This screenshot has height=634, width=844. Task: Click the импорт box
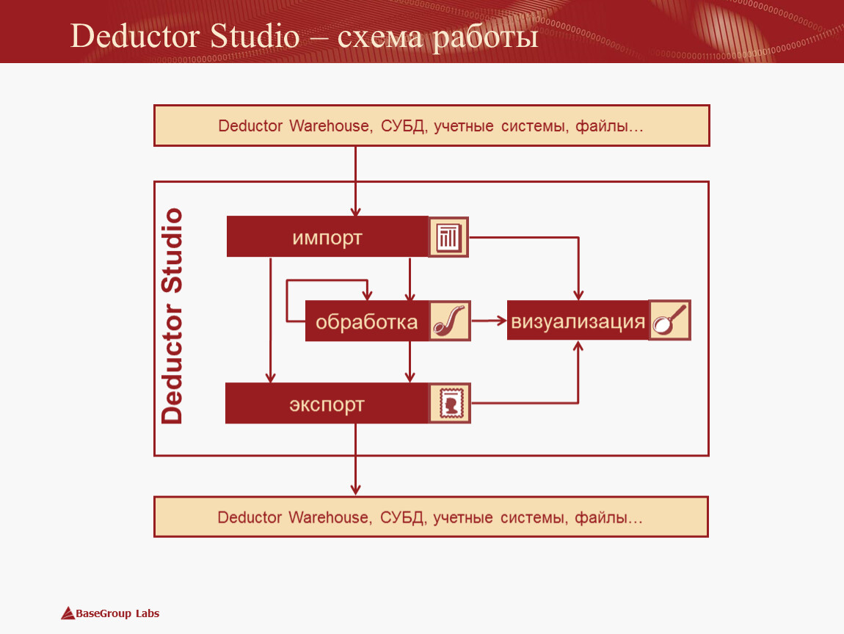pos(327,237)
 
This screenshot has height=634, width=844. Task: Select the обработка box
pos(367,321)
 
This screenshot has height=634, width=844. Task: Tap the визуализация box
pos(578,321)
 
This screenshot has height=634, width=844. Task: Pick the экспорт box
pos(327,404)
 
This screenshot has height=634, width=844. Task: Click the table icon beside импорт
pos(448,237)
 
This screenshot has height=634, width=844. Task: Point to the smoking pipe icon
pos(450,321)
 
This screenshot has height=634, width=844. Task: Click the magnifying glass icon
pos(669,320)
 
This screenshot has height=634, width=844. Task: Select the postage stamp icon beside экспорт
pos(450,404)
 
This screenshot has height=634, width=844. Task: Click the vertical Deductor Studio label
pos(172,316)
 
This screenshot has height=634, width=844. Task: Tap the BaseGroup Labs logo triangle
pos(68,613)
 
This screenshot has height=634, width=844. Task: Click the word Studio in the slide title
pos(255,36)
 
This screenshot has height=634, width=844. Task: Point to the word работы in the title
pos(486,37)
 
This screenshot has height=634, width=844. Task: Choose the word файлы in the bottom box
pos(608,518)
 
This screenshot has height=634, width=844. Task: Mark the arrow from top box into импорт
pos(355,181)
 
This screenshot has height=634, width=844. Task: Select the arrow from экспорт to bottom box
pos(355,459)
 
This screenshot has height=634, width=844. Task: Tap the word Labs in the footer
pos(148,613)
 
